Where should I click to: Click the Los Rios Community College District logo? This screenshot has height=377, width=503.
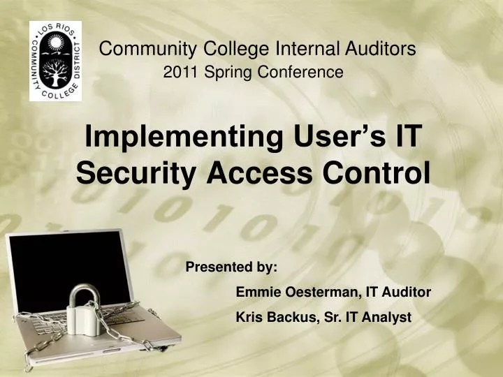(55, 61)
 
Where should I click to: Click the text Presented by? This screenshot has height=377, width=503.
(231, 267)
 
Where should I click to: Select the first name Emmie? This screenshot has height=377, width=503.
(254, 292)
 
